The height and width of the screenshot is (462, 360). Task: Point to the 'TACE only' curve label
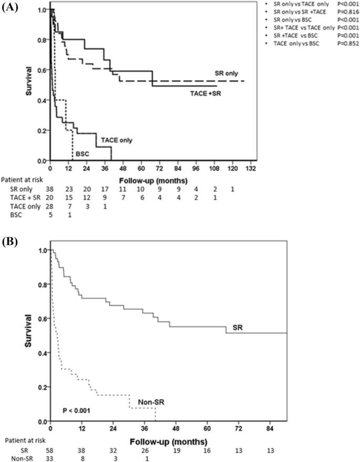point(117,140)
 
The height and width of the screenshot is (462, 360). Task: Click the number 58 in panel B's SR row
point(50,451)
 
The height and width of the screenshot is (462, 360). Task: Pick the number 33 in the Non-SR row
point(50,458)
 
